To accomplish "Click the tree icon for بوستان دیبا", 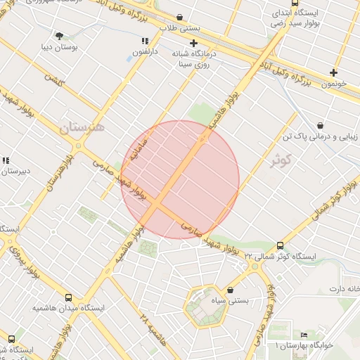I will click(59, 35).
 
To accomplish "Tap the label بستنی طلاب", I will click(179, 28).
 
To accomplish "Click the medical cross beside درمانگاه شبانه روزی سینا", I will click(194, 43).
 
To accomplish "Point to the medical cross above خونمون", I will click(333, 72).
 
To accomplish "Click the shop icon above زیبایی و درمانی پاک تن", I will click(321, 124).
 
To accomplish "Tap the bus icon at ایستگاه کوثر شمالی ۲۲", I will click(281, 245).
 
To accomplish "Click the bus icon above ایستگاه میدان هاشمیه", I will click(68, 297).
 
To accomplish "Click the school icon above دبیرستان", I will click(6, 160).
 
